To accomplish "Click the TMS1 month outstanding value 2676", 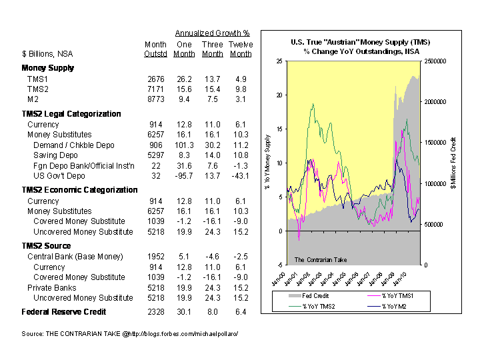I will click(x=155, y=79).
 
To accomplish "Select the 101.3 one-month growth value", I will click(x=183, y=145).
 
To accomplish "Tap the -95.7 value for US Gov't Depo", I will click(x=183, y=176).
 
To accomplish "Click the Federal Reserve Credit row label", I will click(x=64, y=311).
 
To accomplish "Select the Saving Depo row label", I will click(x=56, y=155).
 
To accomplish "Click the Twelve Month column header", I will click(x=241, y=49).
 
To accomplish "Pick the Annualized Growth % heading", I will click(x=212, y=33).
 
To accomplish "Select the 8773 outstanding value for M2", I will click(x=155, y=99).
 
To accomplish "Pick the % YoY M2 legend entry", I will click(x=394, y=306).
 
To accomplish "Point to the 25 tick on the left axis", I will click(x=279, y=61).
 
